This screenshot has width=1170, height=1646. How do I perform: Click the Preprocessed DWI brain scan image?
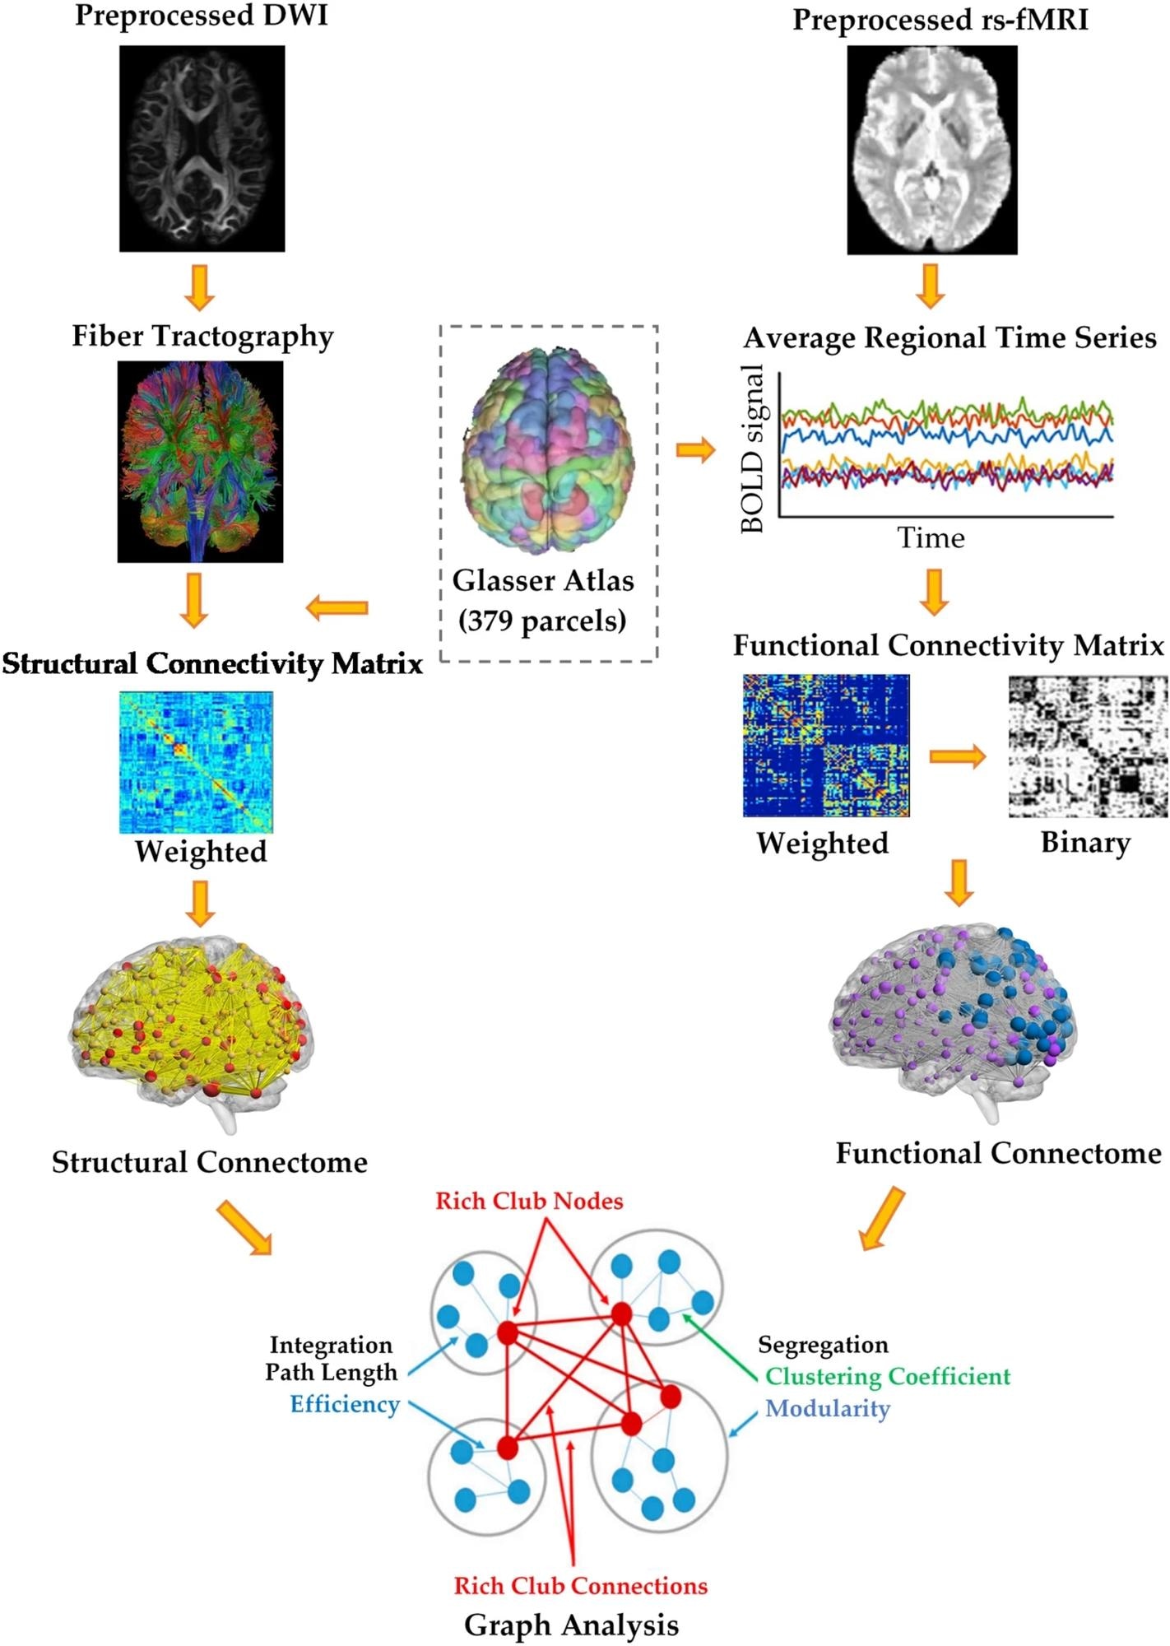point(202,148)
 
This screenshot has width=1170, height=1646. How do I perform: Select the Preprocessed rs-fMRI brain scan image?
point(931,150)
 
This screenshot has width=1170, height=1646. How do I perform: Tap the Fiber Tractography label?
point(202,336)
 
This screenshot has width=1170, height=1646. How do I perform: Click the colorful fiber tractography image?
point(200,462)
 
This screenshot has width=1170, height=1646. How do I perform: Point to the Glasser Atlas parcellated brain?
point(547,449)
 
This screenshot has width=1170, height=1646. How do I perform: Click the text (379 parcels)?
point(542,620)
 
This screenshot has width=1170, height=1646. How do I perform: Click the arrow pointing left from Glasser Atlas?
point(337,608)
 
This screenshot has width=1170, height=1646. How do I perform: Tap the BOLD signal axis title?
point(753,449)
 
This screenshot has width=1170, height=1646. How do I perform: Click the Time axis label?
point(931,538)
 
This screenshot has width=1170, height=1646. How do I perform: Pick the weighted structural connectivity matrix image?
point(196,761)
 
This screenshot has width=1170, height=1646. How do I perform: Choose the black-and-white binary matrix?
point(1088,746)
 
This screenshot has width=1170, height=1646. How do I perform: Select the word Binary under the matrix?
point(1085,843)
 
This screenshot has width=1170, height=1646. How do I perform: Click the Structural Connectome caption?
point(210,1162)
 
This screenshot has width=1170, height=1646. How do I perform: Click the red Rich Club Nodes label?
point(529,1201)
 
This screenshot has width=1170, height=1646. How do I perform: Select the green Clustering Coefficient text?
point(888,1376)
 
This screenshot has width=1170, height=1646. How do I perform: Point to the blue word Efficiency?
point(345,1404)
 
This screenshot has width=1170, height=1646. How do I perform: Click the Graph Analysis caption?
point(572,1625)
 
